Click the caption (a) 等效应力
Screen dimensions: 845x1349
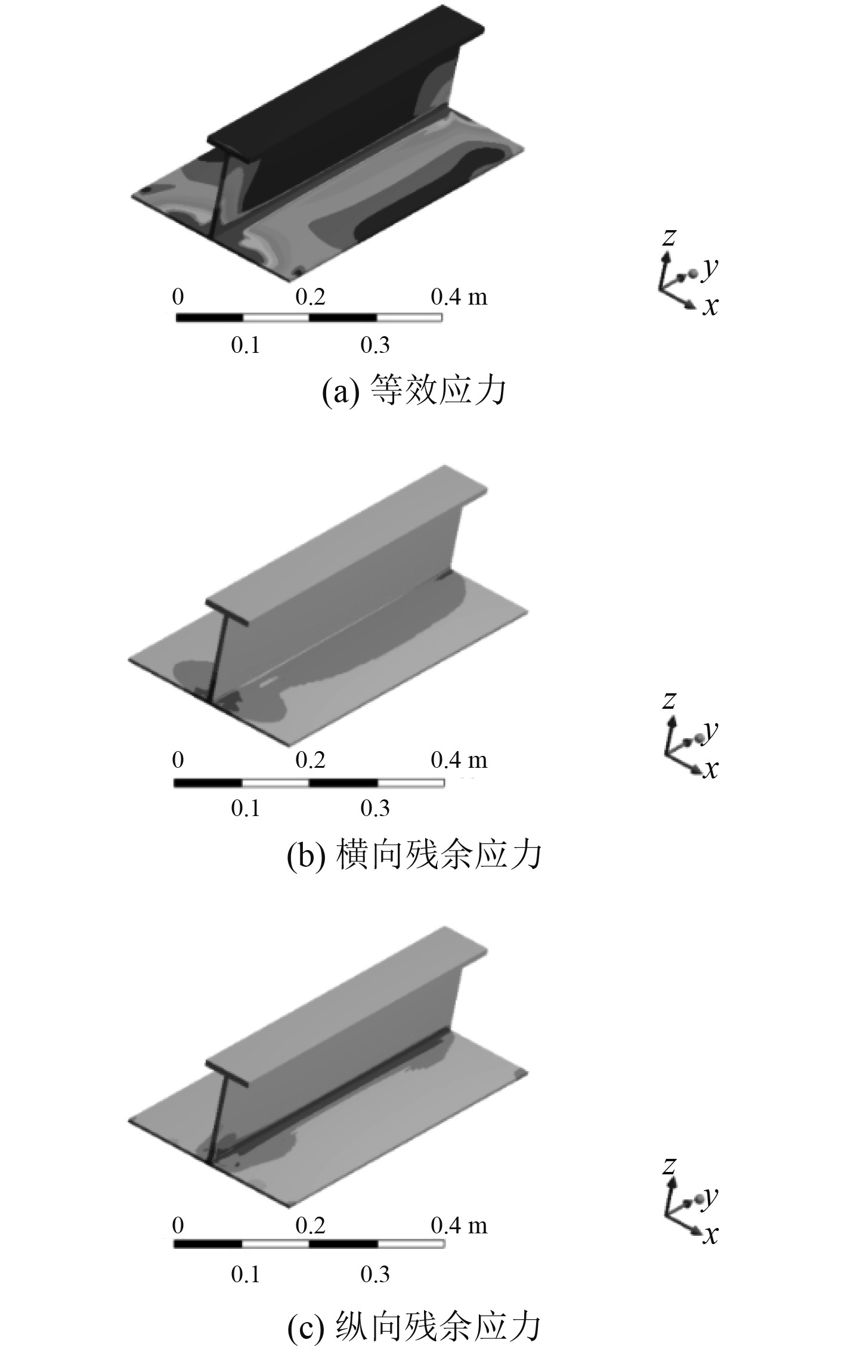[414, 391]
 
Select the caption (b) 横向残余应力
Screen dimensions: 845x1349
[414, 854]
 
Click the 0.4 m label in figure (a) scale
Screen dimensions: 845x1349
[459, 296]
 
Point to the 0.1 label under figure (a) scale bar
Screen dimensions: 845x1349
[246, 345]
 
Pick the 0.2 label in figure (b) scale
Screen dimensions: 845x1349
[311, 760]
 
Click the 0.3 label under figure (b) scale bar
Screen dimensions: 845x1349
[375, 808]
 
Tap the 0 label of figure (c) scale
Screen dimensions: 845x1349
[178, 1226]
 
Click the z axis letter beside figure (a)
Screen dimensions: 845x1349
[669, 237]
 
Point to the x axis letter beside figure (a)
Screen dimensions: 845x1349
[710, 306]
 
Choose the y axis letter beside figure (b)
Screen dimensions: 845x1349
[710, 731]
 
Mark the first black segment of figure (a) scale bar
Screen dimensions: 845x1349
[209, 317]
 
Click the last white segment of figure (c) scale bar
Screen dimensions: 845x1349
[411, 1244]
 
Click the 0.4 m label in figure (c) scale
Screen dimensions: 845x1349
[459, 1226]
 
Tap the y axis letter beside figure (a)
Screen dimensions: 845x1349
[710, 269]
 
